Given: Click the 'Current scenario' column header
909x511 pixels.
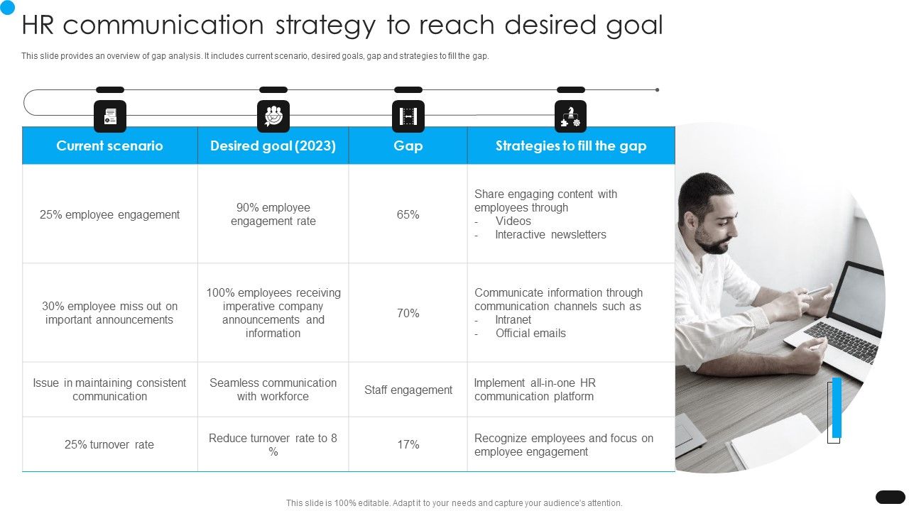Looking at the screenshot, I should [109, 145].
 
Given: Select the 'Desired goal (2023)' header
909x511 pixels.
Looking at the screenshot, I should [273, 145].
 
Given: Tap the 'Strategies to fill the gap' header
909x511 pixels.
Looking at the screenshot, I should [571, 145].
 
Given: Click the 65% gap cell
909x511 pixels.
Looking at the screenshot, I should [408, 214].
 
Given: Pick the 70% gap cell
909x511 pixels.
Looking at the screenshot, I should [408, 313].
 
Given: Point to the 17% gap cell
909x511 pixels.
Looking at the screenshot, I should [408, 444].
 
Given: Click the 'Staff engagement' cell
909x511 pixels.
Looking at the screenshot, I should [408, 390].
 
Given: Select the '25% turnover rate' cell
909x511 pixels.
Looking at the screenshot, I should [109, 444].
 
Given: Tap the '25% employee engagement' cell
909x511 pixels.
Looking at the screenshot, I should [109, 214].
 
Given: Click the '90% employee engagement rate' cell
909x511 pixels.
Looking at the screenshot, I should [273, 214].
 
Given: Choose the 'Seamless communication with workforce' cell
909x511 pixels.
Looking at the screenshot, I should [273, 390].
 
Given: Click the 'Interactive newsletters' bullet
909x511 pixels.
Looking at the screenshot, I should [550, 235].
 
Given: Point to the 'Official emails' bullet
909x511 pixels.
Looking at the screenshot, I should [530, 334].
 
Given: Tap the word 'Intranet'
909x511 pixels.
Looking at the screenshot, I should [513, 320].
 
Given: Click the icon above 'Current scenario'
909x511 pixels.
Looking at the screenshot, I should [110, 116].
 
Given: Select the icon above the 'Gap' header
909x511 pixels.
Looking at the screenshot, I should [408, 116].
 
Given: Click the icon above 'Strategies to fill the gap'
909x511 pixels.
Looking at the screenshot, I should [570, 116].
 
